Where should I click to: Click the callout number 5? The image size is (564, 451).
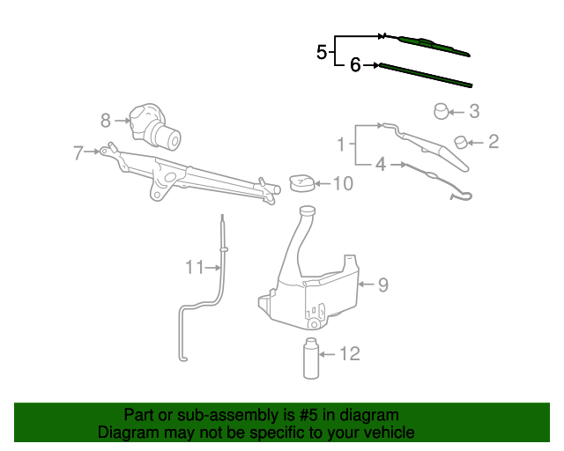pos(323,52)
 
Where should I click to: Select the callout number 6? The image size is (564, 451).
pos(356,65)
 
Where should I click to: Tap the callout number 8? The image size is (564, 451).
pos(105,120)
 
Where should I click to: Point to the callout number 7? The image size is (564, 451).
pos(78,153)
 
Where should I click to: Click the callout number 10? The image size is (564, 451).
pos(342,184)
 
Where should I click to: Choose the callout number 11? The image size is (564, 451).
pos(194,267)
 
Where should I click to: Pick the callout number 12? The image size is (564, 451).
pos(350,354)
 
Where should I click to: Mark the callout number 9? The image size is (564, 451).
pos(382,285)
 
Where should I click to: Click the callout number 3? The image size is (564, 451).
pos(473,112)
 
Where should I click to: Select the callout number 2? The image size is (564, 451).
pos(493,141)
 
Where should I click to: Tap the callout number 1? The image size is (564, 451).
pos(341,144)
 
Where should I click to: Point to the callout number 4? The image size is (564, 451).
pos(381,164)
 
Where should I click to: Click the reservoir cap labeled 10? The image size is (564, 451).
pos(301,184)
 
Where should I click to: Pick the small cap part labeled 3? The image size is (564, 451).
pos(442,111)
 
